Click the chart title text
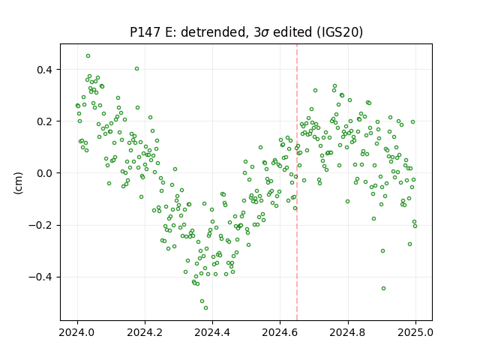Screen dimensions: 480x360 pos(246,32)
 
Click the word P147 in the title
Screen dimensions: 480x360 pos(145,32)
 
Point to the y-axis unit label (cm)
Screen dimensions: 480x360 pos(18,183)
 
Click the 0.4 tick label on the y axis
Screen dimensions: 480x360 pos(45,70)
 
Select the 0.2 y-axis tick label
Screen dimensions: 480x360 pos(45,121)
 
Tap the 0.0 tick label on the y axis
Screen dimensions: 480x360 pos(45,173)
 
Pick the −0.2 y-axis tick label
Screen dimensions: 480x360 pos(40,225)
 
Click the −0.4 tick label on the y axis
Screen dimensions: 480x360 pos(40,277)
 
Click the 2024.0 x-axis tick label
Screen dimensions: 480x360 pos(77,332)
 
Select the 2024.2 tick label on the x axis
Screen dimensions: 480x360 pos(145,332)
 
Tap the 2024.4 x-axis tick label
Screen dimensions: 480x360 pos(212,332)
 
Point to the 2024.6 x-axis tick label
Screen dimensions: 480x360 pos(280,332)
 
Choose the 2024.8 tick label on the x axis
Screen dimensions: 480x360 pos(348,332)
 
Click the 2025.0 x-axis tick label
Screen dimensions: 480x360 pos(415,332)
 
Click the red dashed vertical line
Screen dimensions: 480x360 pos(297,182)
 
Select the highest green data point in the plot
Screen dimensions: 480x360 pos(88,56)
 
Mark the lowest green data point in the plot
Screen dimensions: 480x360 pos(205,307)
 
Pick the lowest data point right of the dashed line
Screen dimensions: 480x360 pos(383,288)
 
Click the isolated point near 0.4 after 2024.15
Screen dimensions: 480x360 pos(136,68)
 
